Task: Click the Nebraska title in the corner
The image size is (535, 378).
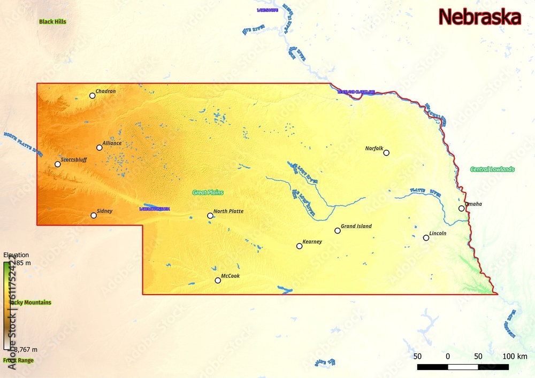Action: [x=479, y=17]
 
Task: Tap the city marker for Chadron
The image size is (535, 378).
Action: [x=93, y=96]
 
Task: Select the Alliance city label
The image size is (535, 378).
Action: [x=112, y=143]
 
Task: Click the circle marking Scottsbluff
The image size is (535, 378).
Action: [x=58, y=164]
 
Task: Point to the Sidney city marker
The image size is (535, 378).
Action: [x=94, y=215]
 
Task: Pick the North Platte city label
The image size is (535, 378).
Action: [x=228, y=211]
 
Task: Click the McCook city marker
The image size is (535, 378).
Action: [x=218, y=280]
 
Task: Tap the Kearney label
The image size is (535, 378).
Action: [x=312, y=242]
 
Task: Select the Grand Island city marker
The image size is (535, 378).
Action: [x=338, y=230]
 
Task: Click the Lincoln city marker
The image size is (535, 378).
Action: [x=426, y=238]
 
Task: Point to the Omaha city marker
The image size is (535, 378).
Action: [x=461, y=209]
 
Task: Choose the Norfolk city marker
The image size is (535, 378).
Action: [x=386, y=153]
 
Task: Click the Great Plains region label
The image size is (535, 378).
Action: [x=208, y=192]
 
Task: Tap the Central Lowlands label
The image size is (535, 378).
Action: [x=492, y=169]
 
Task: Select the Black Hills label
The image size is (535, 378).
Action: [x=52, y=22]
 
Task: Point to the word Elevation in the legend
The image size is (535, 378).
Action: [x=16, y=255]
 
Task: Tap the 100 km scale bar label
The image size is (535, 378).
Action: [x=515, y=357]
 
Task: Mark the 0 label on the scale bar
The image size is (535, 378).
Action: [x=448, y=357]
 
